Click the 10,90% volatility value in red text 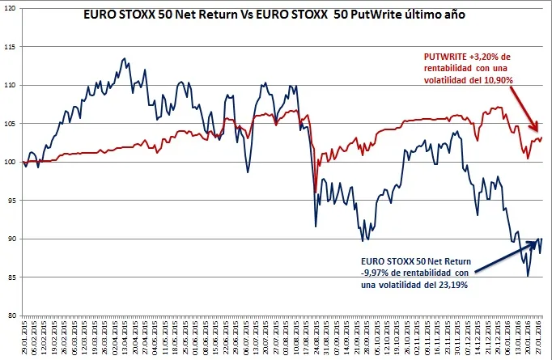[495, 78]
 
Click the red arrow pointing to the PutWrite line [528, 111]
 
